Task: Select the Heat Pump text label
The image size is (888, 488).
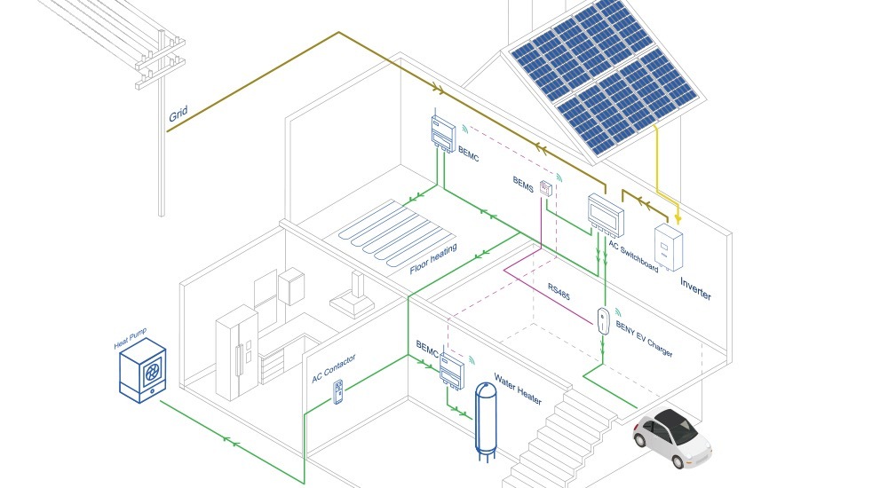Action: point(130,339)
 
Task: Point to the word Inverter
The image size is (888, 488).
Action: point(695,288)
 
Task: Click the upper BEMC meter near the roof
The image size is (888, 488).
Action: point(443,133)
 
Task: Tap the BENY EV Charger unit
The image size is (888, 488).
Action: point(604,319)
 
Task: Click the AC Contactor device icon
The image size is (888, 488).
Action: point(338,391)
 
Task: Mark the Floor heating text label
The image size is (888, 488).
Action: point(433,259)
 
